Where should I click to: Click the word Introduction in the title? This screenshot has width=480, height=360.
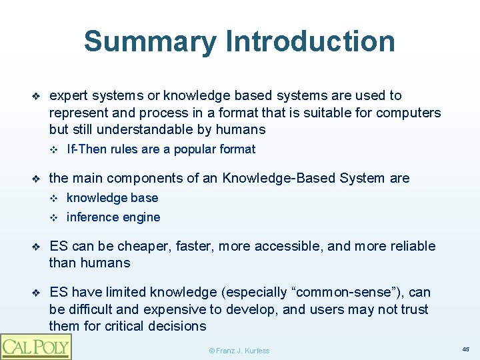tap(311, 41)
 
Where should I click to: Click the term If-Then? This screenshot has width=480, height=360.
tap(86, 149)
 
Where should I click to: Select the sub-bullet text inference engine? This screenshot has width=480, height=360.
tap(113, 217)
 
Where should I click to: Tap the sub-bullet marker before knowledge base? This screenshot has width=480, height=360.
tap(55, 198)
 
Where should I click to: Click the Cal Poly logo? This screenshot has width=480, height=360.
tap(35, 346)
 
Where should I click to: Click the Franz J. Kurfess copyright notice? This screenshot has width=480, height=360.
tap(239, 350)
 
